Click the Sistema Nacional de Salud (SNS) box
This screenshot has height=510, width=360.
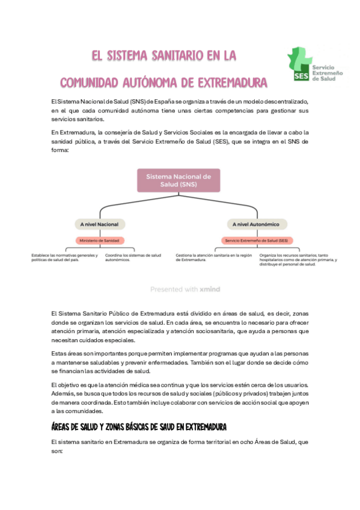pyautogui.click(x=179, y=180)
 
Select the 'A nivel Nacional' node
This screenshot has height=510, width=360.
pyautogui.click(x=99, y=224)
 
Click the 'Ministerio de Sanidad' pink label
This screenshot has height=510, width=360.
pyautogui.click(x=99, y=241)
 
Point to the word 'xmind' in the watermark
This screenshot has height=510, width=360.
pyautogui.click(x=210, y=289)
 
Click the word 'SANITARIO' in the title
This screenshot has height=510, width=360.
pyautogui.click(x=169, y=56)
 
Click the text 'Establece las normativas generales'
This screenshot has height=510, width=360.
pyautogui.click(x=64, y=255)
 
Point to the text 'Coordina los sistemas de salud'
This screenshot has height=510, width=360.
pyautogui.click(x=133, y=255)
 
